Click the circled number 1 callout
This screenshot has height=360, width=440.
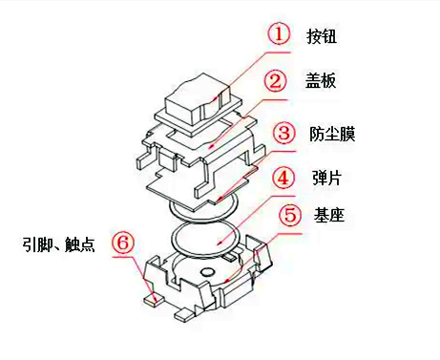click(x=278, y=35)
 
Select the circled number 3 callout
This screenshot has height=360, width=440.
click(x=283, y=132)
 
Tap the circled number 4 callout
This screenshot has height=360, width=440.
click(x=283, y=178)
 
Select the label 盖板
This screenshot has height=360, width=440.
click(x=326, y=83)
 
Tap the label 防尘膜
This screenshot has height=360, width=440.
click(x=335, y=132)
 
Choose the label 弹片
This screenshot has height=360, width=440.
click(x=327, y=178)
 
